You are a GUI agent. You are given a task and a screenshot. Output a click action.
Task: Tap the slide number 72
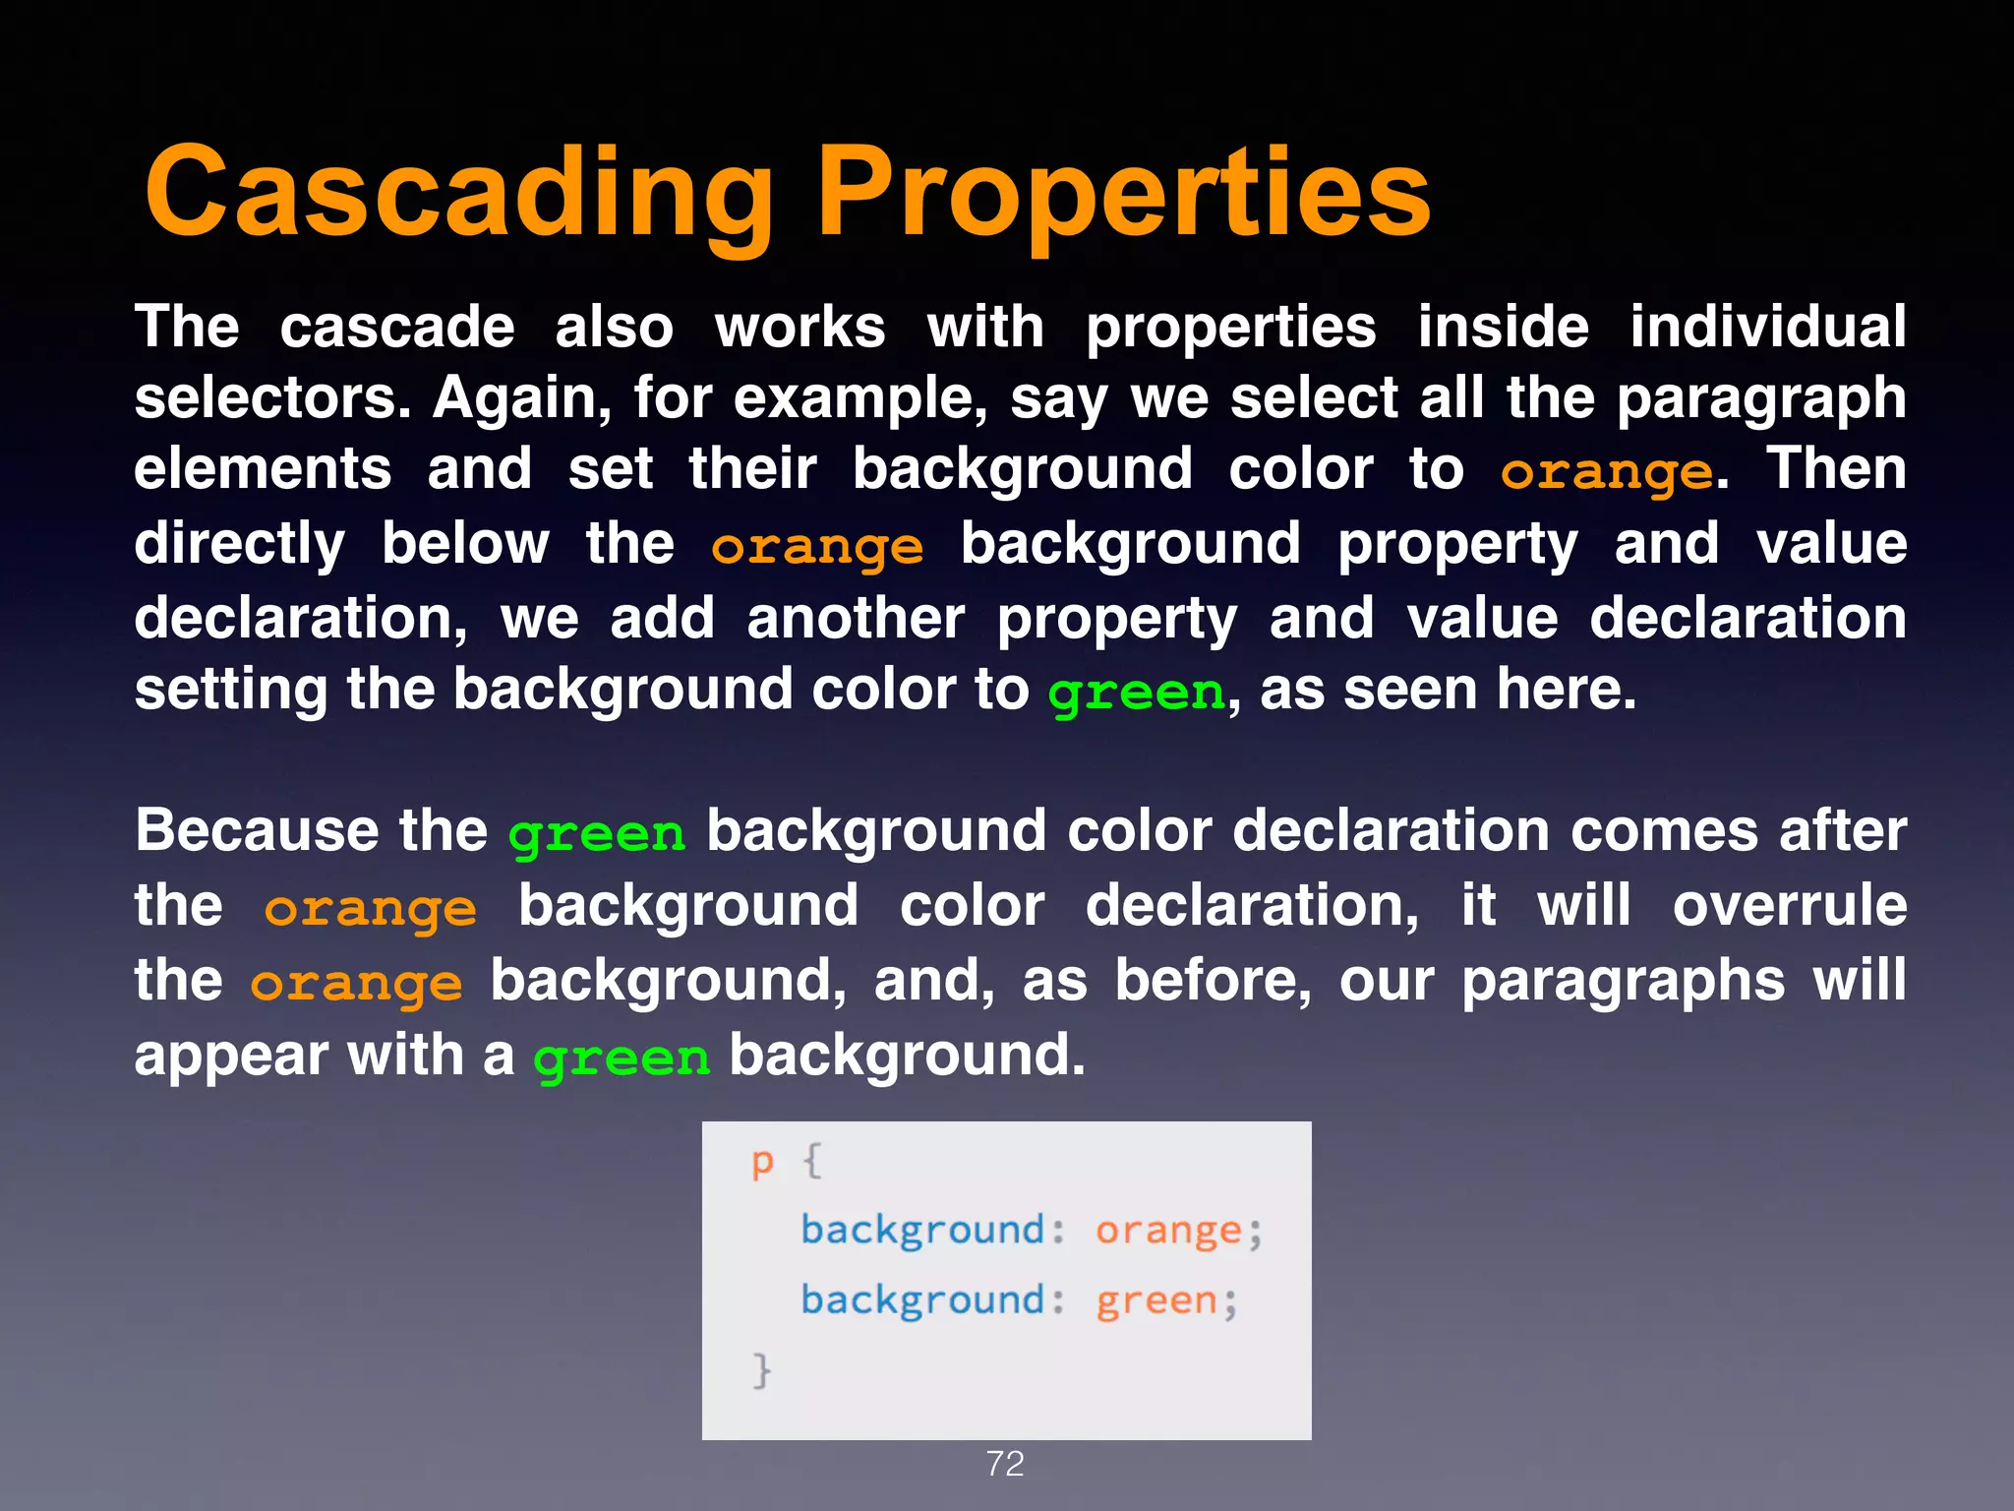(1005, 1464)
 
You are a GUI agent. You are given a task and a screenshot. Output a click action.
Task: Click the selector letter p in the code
(762, 1163)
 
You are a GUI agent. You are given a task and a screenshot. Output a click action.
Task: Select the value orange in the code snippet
(1168, 1231)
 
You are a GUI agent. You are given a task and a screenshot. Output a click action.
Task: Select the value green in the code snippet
(1156, 1300)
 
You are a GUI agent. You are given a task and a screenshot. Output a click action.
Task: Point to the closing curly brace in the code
(762, 1369)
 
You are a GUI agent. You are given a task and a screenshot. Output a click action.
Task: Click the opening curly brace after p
(812, 1161)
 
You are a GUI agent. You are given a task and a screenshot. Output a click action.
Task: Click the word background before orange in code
(921, 1230)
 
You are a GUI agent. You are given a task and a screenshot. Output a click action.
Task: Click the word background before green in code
(921, 1299)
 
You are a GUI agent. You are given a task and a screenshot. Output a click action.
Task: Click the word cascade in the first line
(396, 327)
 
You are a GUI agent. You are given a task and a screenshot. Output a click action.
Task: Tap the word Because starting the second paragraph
(257, 830)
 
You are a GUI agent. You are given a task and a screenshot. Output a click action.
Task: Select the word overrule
(1790, 905)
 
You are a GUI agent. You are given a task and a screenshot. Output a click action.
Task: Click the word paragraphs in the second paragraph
(1623, 982)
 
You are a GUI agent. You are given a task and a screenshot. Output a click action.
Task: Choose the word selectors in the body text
(271, 398)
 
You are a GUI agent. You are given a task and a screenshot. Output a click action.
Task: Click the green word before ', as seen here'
(1136, 692)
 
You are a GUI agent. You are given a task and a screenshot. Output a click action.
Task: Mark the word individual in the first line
(1767, 327)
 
